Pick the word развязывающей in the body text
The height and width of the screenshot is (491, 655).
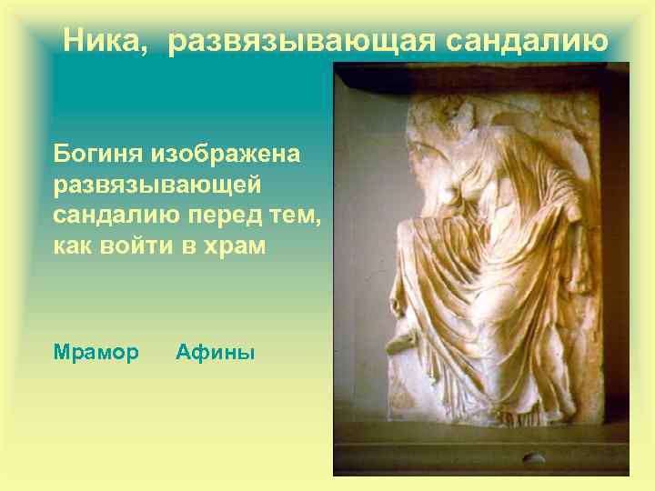coord(157,184)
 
